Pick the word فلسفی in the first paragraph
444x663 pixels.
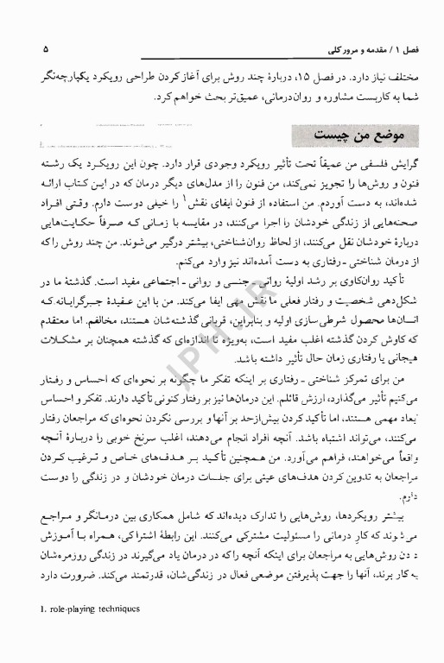pos(376,164)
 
